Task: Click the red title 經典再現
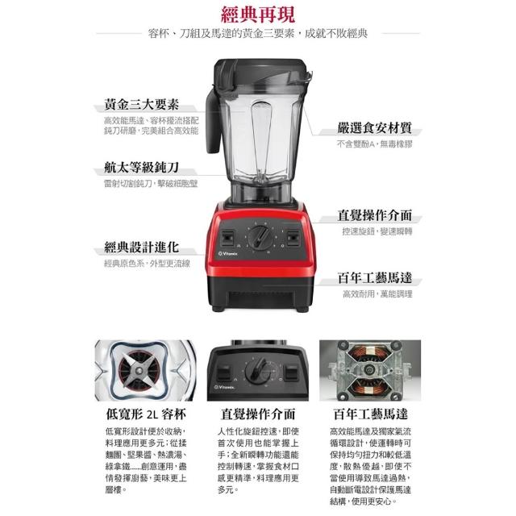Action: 258,15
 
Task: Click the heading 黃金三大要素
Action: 142,104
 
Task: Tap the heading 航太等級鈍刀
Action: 142,167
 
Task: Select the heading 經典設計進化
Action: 142,248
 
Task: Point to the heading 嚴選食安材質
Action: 374,128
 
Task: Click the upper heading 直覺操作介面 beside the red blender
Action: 374,215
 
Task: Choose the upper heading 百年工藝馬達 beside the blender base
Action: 374,277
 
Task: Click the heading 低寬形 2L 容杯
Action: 146,414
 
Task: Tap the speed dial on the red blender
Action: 260,237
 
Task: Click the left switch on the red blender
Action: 227,238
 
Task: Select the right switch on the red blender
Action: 293,238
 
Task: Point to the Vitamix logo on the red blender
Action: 227,253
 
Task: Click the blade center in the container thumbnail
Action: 138,371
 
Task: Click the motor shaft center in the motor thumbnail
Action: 369,370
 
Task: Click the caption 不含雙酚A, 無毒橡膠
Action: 374,144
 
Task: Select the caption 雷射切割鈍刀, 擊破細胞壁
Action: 151,184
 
